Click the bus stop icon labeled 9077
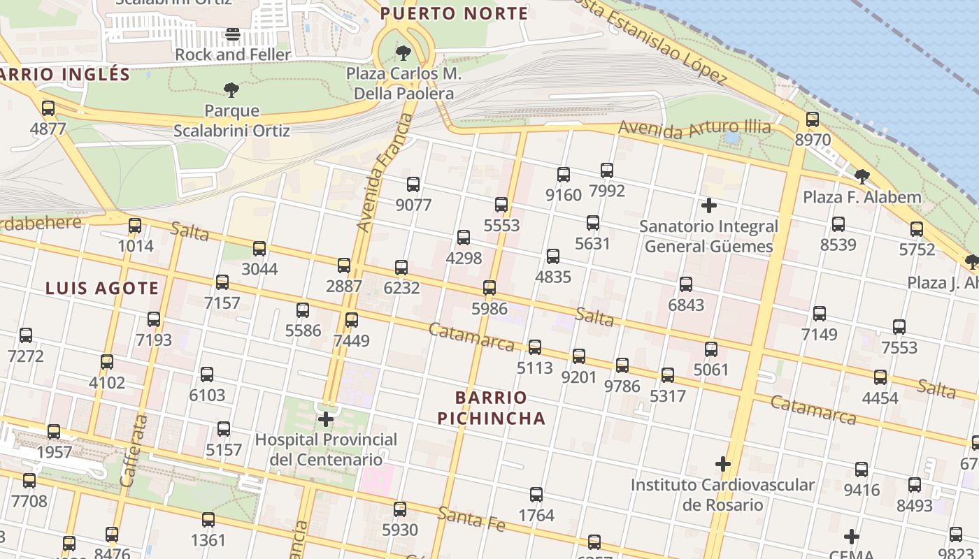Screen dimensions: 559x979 coord(413,184)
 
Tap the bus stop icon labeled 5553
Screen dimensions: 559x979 coord(501,205)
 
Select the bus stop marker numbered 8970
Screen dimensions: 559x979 coord(812,119)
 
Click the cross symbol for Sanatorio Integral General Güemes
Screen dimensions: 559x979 coord(708,205)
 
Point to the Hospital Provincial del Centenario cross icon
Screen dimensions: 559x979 coord(326,419)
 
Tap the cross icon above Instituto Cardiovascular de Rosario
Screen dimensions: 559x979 coord(722,464)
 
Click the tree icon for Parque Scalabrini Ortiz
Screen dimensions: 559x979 coord(231,89)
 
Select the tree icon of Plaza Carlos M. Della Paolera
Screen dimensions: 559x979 coord(403,52)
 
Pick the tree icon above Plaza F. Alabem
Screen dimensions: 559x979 coord(862,176)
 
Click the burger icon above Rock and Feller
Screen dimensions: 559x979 coord(233,34)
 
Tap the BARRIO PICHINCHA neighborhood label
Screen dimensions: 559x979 coord(491,408)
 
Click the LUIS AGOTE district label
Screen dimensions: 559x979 coord(102,288)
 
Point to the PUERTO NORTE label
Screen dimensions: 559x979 coord(454,13)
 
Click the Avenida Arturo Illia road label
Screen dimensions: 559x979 coord(694,128)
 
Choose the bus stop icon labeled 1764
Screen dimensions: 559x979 coord(536,495)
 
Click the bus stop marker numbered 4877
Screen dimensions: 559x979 coord(48,108)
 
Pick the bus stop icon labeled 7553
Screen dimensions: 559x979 coord(899,327)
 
